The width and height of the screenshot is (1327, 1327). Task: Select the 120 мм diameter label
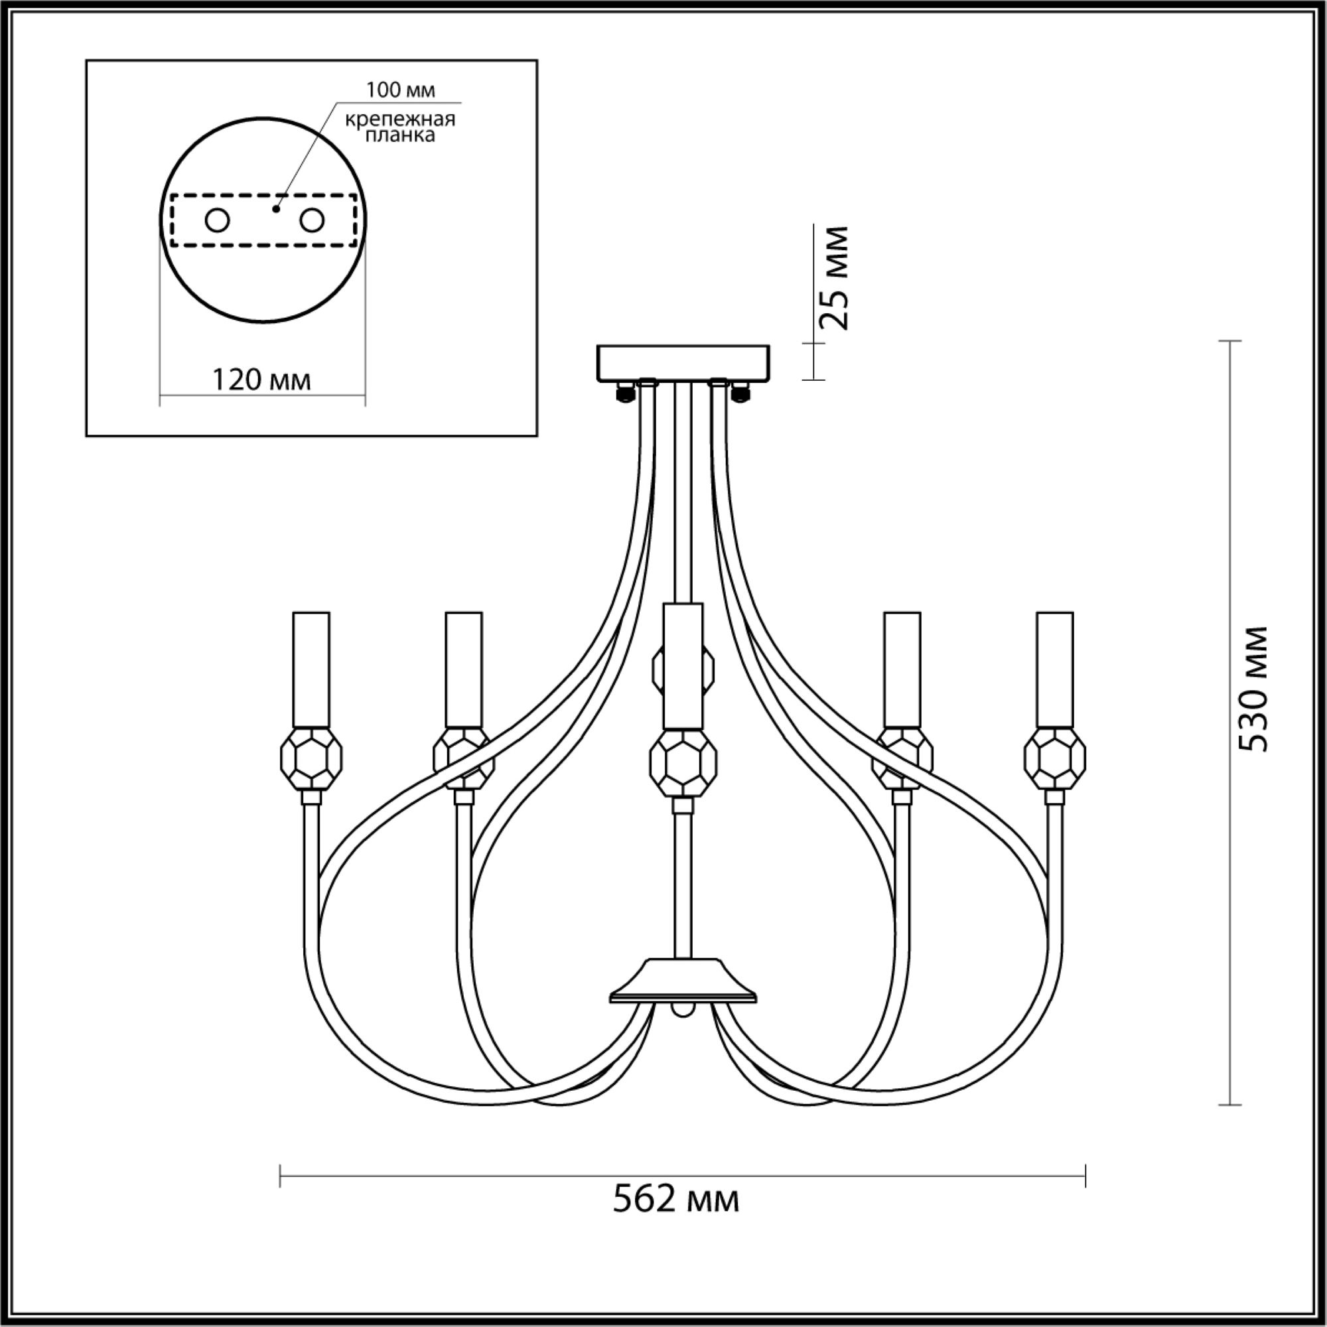[261, 379]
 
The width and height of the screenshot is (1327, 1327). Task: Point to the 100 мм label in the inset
[401, 90]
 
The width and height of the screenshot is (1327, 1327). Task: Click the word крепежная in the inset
[401, 119]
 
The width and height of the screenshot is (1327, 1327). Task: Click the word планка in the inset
[401, 135]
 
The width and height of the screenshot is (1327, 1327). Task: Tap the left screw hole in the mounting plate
[217, 220]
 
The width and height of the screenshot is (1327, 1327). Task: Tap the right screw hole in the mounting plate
[311, 220]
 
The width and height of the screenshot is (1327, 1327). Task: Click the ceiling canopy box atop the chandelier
[683, 363]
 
